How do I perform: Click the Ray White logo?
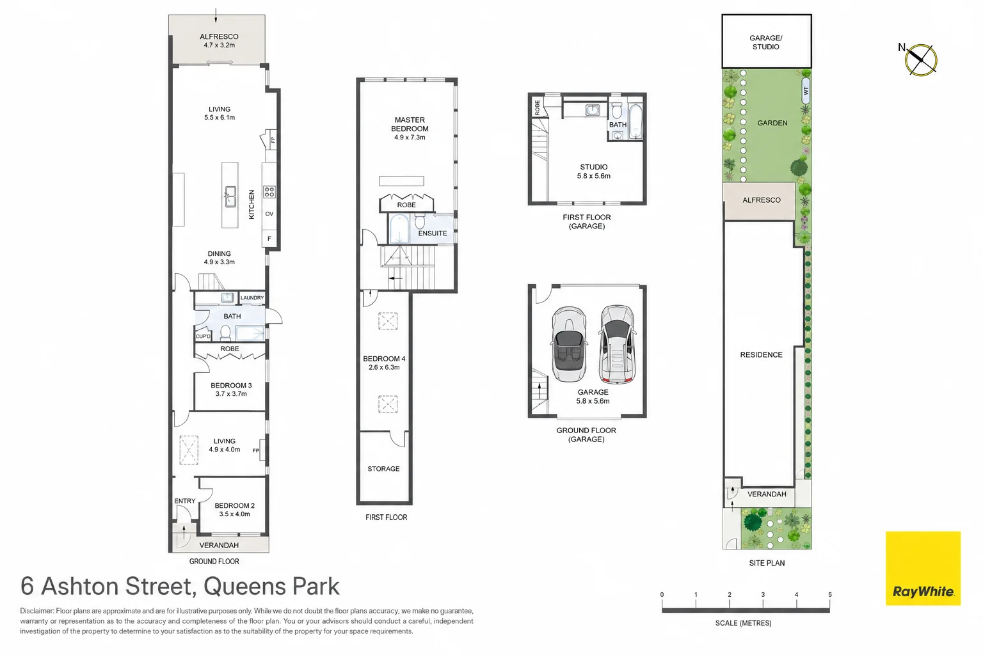(923, 568)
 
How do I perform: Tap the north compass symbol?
(920, 60)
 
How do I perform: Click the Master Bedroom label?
(410, 124)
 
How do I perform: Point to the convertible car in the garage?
(569, 344)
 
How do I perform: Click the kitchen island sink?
(230, 196)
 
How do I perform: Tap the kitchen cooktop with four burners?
(269, 192)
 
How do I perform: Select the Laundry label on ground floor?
(252, 297)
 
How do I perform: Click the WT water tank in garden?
(806, 91)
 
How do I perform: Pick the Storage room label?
(383, 469)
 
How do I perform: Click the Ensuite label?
(432, 233)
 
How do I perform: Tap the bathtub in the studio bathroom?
(635, 122)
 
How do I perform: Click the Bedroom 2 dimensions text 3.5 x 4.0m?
(235, 514)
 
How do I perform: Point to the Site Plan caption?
(767, 563)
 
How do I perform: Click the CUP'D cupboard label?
(203, 336)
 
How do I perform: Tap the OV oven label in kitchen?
(269, 214)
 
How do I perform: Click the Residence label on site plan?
(761, 354)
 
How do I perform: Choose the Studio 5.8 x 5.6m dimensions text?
(594, 176)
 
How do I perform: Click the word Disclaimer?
(37, 611)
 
